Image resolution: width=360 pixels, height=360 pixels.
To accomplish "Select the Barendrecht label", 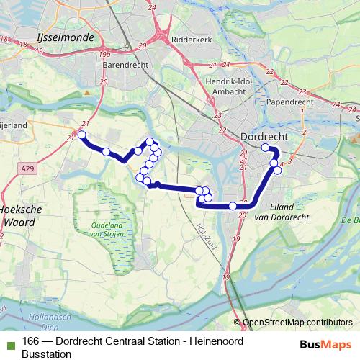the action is point(125,64).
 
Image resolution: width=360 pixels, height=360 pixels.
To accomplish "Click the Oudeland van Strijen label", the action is point(109,229).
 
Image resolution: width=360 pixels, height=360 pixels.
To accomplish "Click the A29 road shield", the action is point(27,168).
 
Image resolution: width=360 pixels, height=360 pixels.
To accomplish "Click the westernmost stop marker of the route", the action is point(82,135).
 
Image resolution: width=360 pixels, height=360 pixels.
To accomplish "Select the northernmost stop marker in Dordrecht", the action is point(266,148).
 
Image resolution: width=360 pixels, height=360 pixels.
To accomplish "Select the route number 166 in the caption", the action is point(31,341).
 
